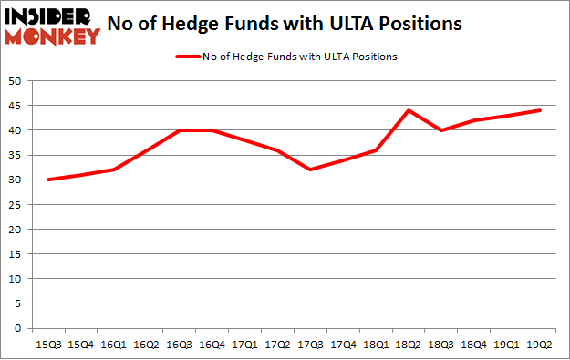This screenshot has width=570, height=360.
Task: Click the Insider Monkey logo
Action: coord(52,25)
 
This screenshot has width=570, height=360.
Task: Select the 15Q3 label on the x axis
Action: coord(47,344)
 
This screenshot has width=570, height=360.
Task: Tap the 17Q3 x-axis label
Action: coord(311,344)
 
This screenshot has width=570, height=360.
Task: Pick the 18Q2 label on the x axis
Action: coord(409,344)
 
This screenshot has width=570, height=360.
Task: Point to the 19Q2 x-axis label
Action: coord(540,344)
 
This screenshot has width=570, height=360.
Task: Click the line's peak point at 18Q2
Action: coord(409,110)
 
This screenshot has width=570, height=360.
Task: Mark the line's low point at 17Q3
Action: coord(311,170)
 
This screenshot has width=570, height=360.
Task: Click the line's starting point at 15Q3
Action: coord(47,180)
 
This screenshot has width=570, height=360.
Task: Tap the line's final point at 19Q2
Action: coord(540,110)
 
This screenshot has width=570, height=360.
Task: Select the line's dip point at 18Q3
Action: coord(442,130)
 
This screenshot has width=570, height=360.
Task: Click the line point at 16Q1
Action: coord(114,170)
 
